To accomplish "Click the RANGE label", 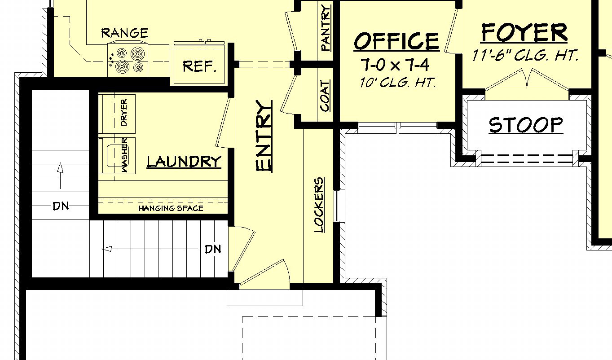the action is tap(124, 33).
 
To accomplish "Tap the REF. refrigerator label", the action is tap(199, 66).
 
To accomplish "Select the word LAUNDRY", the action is tap(184, 162).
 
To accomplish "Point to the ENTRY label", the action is tap(264, 136).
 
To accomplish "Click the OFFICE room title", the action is tap(397, 41).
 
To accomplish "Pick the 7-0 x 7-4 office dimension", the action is tap(395, 65).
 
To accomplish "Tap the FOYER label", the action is tap(524, 33).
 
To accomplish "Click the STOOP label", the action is tap(526, 125).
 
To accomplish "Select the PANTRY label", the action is tap(326, 28).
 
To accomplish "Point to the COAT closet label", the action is tap(325, 96).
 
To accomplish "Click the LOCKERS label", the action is tap(319, 205).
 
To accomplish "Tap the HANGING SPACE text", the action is tap(171, 208).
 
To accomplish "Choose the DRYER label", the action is tap(124, 113).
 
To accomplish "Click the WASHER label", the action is tap(124, 155).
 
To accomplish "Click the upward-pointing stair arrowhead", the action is tap(60, 167).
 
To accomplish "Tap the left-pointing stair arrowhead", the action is tap(107, 249).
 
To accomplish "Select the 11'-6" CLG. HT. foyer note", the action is tap(525, 56).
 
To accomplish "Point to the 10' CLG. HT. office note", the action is tap(398, 82).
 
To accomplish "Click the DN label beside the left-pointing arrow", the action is tap(213, 249).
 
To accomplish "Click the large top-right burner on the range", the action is tap(138, 53).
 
